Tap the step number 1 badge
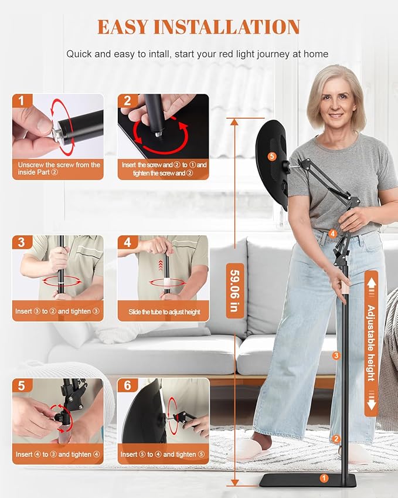pos(21,101)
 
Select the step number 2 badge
pos(127,101)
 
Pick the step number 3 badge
pos(21,242)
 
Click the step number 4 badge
pos(127,242)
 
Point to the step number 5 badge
pos(21,385)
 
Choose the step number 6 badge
pos(127,385)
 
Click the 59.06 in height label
pos(235,290)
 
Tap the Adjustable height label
pos(371,343)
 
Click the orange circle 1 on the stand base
pos(324,477)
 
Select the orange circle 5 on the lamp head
pos(272,156)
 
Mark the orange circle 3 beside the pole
pos(336,355)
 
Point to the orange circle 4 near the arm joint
pos(332,234)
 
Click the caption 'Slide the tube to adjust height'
pos(164,312)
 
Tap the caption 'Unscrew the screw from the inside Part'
pos(59,168)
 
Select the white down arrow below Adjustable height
pos(372,404)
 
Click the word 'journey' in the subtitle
pos(274,54)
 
